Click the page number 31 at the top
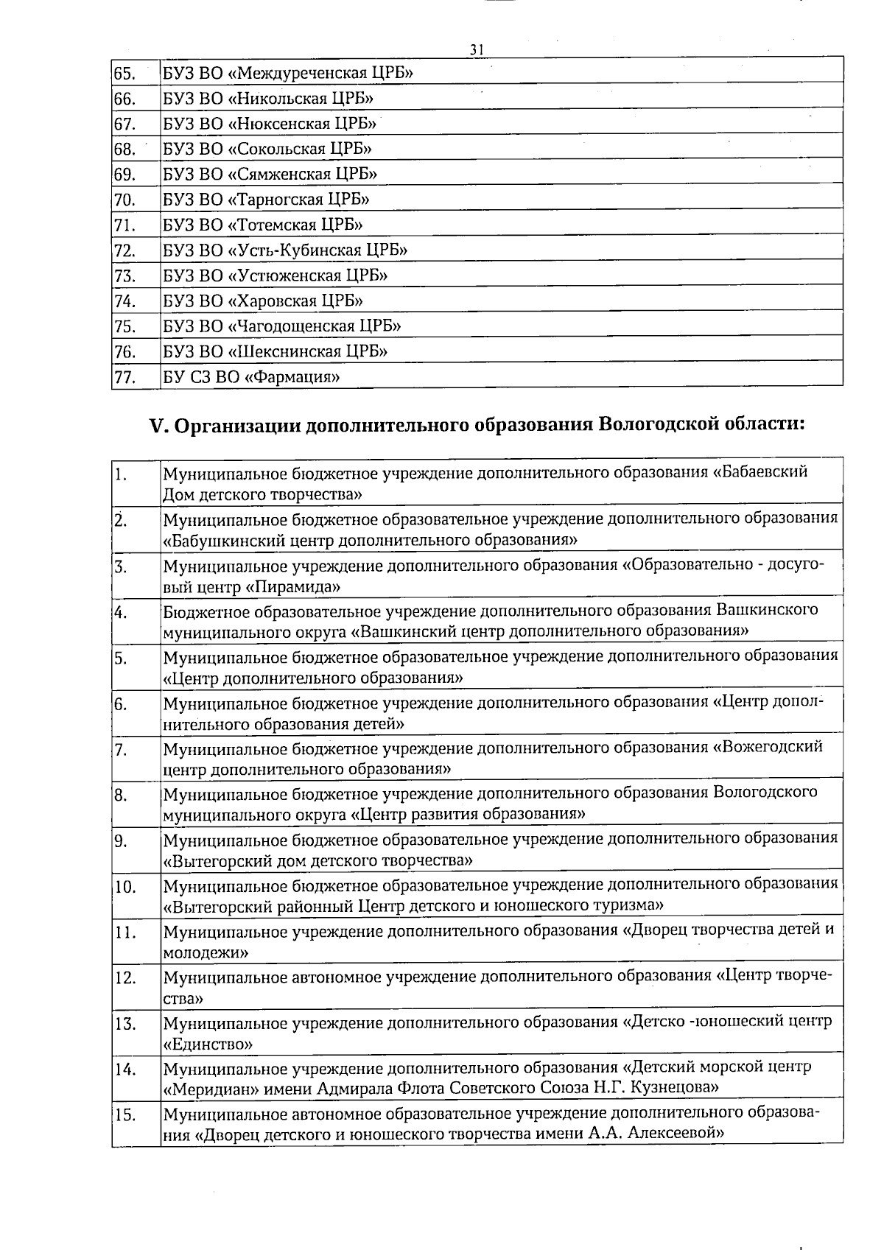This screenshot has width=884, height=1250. point(477,49)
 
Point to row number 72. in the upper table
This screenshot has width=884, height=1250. point(124,250)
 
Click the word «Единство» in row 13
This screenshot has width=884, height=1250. point(208,1044)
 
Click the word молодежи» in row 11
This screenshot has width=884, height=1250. point(205,952)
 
